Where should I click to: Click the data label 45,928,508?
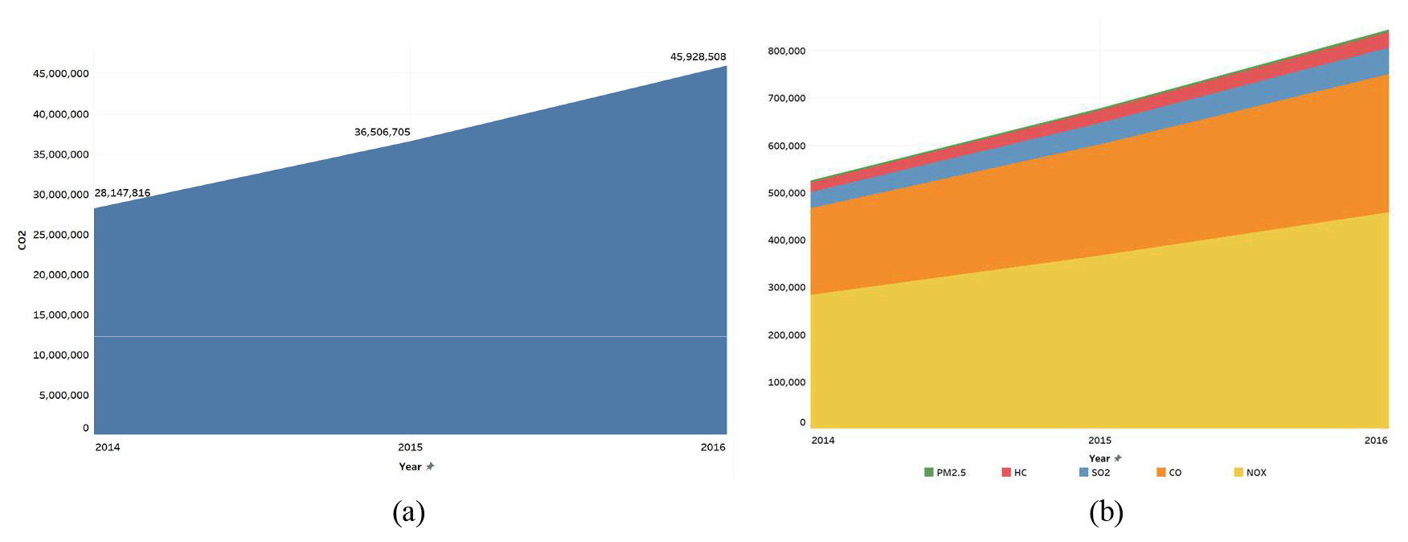point(698,57)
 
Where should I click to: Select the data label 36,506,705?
point(382,132)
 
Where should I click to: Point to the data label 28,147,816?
point(122,193)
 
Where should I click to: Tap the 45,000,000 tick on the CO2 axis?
point(60,74)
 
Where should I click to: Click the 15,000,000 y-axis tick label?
point(60,315)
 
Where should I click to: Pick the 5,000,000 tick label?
point(63,396)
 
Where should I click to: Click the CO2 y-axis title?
point(22,240)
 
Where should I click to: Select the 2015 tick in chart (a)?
point(410,447)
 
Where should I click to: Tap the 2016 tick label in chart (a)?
point(712,447)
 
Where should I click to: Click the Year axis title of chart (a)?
point(410,466)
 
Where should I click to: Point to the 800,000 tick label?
point(786,51)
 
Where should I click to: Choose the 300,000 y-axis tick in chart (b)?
point(786,288)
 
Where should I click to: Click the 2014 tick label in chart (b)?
point(823,440)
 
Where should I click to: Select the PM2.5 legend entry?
point(945,473)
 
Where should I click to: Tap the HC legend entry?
point(1014,473)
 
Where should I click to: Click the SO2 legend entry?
point(1095,473)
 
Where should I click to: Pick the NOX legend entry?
point(1250,473)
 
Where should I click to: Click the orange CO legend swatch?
point(1161,472)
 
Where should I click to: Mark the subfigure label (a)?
point(408,511)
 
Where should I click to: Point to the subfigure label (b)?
point(1106,511)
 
